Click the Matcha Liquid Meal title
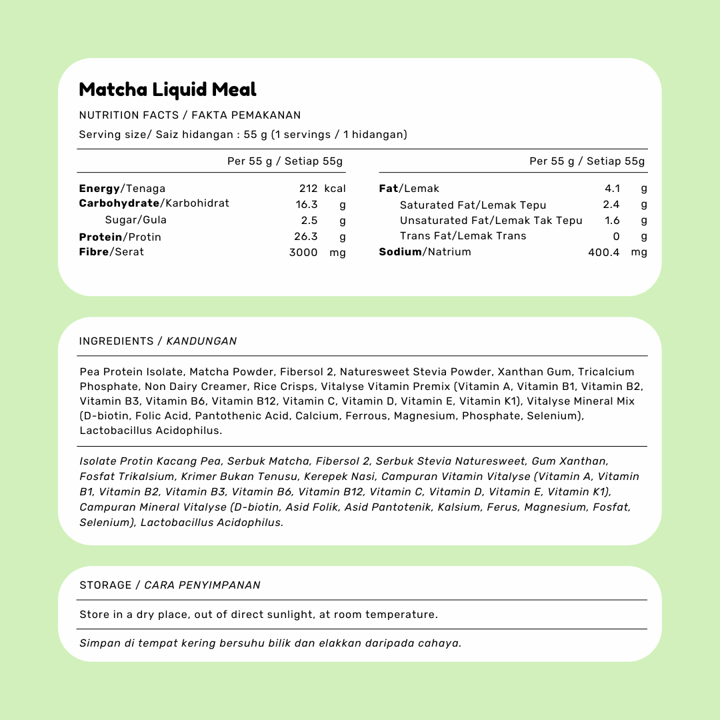[167, 89]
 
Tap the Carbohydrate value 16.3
[307, 205]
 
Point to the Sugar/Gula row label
[136, 220]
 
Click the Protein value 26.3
[307, 237]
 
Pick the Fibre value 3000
[303, 253]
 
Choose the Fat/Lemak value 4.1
[612, 189]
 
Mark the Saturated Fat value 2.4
[611, 205]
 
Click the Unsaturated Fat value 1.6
[612, 221]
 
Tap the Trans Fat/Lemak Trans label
[463, 236]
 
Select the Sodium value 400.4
[604, 252]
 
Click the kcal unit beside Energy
[335, 189]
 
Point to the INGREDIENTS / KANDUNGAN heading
[158, 341]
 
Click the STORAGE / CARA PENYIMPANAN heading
[170, 585]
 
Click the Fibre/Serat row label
[111, 252]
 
